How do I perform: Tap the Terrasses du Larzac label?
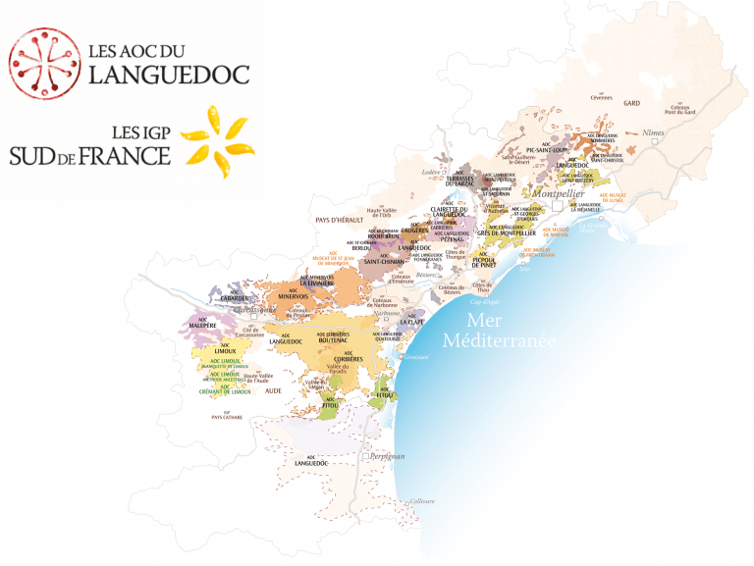pyautogui.click(x=459, y=180)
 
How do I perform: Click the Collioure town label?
pyautogui.click(x=422, y=500)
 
